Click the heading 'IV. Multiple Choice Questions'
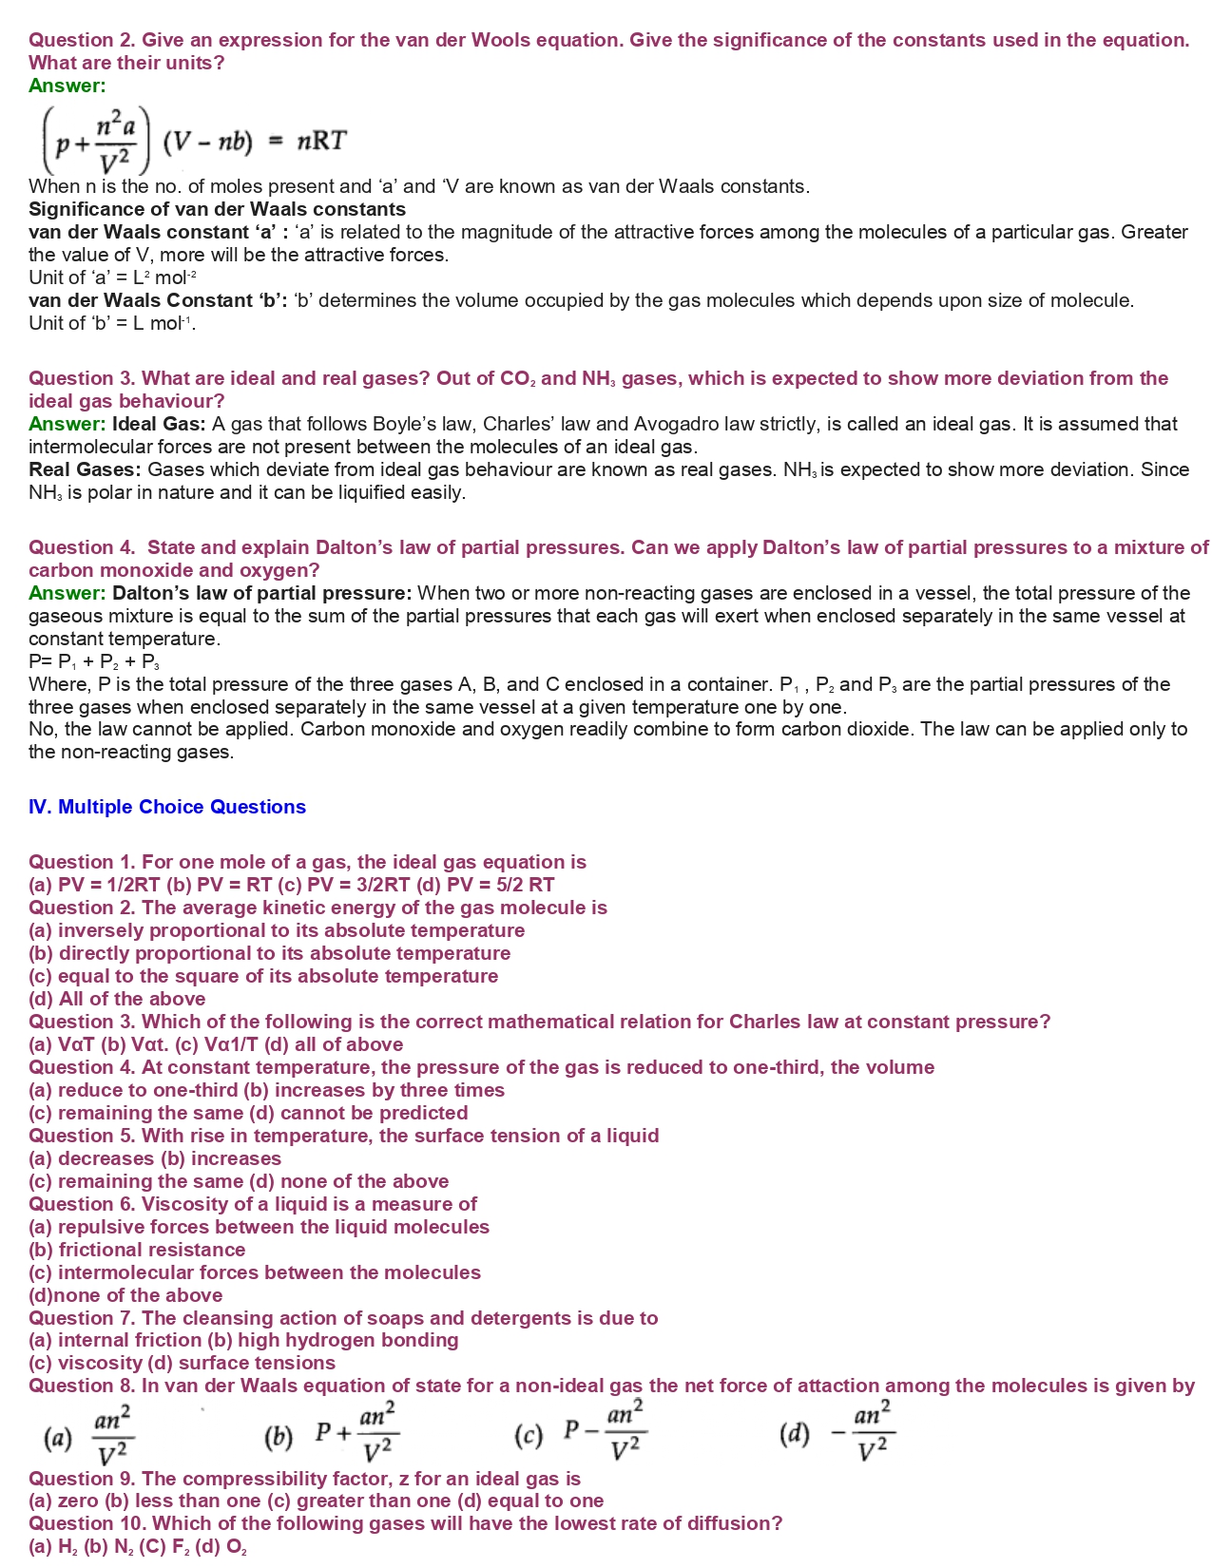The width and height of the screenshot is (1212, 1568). coord(167,807)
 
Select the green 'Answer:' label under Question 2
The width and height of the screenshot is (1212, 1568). coord(67,86)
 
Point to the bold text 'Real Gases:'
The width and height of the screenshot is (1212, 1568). coord(85,469)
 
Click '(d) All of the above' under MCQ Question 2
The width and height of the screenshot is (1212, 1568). coord(117,999)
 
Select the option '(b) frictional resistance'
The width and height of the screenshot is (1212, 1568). coord(137,1250)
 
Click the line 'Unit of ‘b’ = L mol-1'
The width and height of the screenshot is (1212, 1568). coord(111,323)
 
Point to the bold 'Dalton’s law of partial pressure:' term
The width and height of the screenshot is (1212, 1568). coord(261,593)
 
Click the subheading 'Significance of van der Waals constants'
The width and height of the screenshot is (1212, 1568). coord(217,209)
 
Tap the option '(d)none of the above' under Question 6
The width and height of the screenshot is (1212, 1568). coord(125,1295)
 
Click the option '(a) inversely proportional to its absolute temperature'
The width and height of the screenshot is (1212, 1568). coord(277,930)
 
